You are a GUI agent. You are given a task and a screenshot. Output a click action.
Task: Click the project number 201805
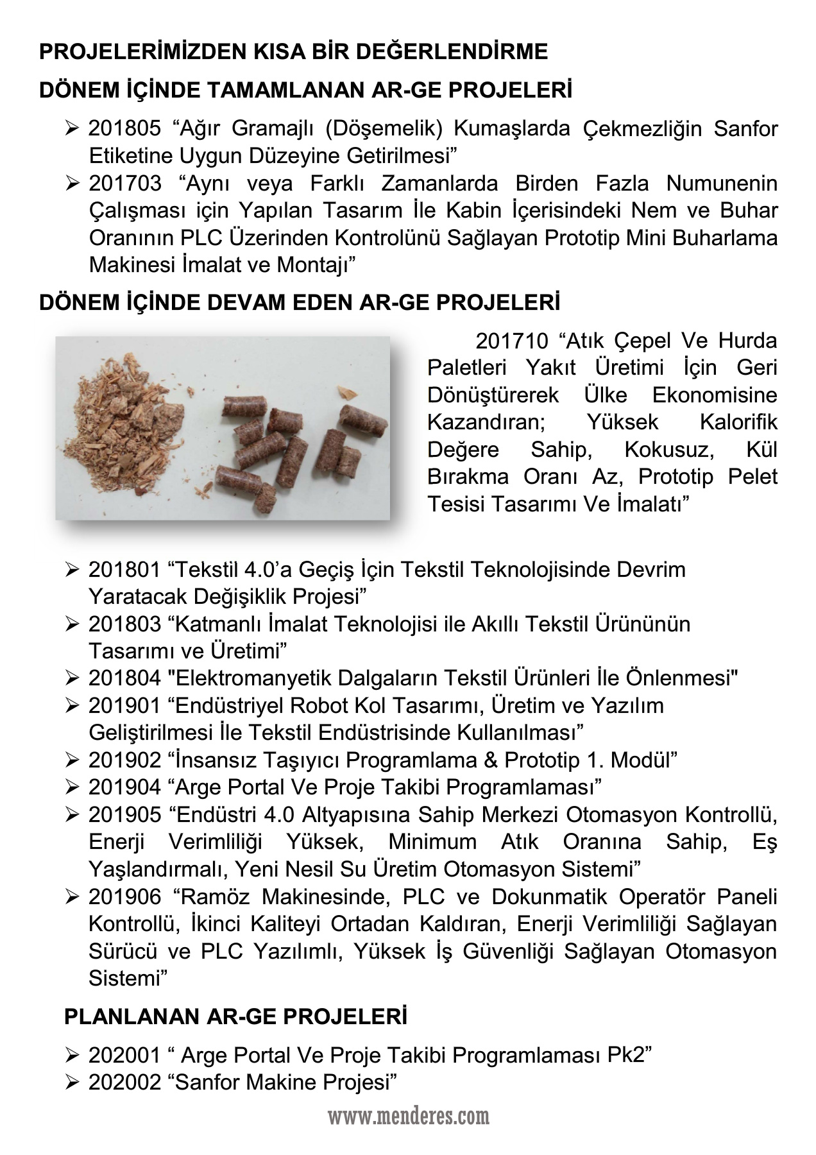pyautogui.click(x=124, y=129)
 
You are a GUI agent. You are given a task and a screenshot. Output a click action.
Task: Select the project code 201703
pyautogui.click(x=124, y=184)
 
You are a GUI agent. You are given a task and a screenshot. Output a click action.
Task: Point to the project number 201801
pyautogui.click(x=124, y=569)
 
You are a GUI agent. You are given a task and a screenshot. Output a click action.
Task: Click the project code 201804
pyautogui.click(x=124, y=678)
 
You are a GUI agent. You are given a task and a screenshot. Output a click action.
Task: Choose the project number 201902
pyautogui.click(x=124, y=760)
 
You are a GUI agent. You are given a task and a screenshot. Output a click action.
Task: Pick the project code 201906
pyautogui.click(x=124, y=896)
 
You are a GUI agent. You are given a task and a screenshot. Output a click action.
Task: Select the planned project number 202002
pyautogui.click(x=124, y=1082)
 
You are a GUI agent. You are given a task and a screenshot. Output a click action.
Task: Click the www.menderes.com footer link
pyautogui.click(x=409, y=1117)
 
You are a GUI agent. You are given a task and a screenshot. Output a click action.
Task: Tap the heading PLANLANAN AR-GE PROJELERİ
pyautogui.click(x=235, y=1017)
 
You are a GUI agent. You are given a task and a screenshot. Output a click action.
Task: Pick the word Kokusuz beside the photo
pyautogui.click(x=669, y=450)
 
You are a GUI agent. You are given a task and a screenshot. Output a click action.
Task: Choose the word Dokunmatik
pyautogui.click(x=554, y=896)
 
